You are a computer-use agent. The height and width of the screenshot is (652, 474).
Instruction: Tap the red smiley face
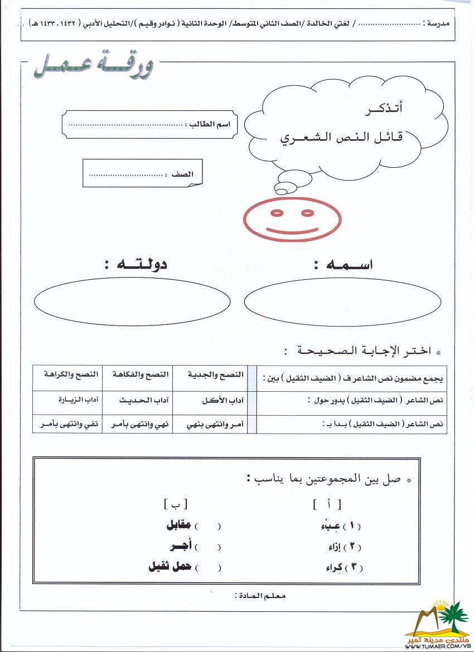tap(292, 219)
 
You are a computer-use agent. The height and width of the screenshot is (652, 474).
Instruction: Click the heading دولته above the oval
tap(135, 265)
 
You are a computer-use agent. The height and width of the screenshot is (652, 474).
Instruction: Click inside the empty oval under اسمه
tap(342, 301)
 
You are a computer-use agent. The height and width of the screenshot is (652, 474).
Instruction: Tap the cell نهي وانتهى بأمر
tap(138, 425)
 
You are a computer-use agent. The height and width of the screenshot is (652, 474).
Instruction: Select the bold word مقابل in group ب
tap(178, 526)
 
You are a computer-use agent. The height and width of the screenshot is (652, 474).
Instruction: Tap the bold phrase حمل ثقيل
tap(170, 567)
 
